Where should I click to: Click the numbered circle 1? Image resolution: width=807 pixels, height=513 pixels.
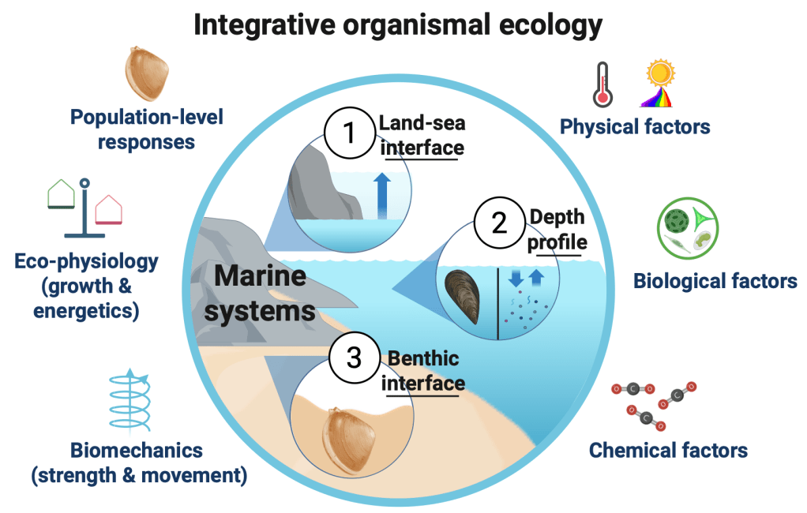point(350,133)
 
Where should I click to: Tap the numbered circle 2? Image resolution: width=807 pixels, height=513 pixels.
point(499,223)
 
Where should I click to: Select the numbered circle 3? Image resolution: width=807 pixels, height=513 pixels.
point(354,358)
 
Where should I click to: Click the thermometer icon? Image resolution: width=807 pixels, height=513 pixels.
point(602,85)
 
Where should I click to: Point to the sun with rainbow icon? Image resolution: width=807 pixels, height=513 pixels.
point(659,84)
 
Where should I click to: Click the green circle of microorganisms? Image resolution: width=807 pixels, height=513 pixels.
point(688,228)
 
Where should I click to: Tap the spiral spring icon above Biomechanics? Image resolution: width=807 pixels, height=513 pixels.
point(130,400)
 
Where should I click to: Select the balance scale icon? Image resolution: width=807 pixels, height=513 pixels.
point(85,208)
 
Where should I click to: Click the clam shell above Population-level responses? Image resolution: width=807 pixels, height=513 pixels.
point(147,73)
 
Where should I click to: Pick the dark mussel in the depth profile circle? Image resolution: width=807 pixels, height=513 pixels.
point(463,297)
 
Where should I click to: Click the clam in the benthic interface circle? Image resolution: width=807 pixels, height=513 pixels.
point(350,440)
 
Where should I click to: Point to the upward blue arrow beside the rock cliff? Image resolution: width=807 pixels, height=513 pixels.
point(382,196)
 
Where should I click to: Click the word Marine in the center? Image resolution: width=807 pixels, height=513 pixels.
point(260,275)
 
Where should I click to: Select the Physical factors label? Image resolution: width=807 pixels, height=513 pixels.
point(635,126)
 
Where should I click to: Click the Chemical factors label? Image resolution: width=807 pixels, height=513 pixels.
point(668,450)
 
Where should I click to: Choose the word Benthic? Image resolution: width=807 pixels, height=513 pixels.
point(423,358)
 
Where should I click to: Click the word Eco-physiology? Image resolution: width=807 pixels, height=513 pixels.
point(87,262)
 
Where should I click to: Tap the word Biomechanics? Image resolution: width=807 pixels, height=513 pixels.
point(137,450)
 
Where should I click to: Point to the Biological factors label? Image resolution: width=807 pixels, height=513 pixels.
point(715,281)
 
